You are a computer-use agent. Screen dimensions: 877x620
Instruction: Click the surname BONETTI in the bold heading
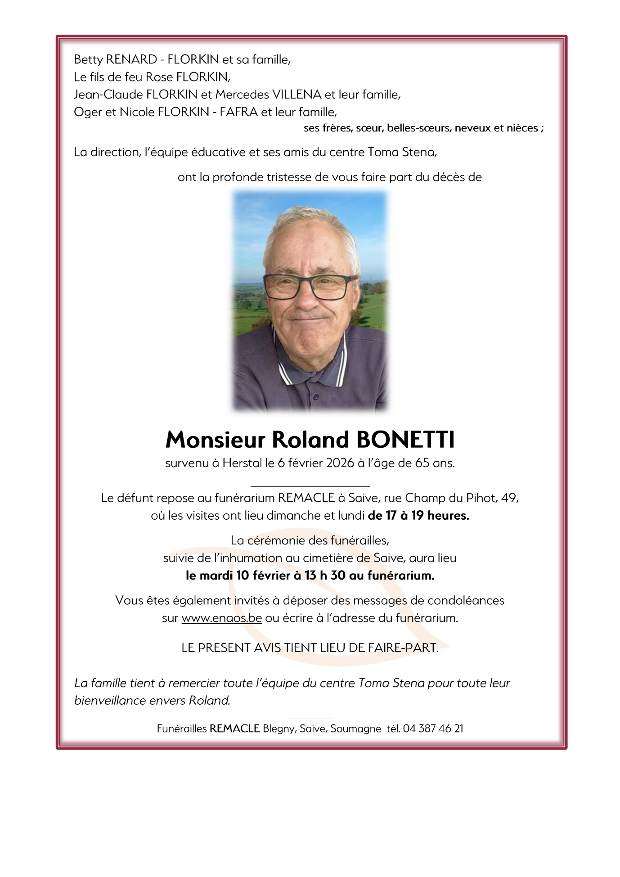pos(405,440)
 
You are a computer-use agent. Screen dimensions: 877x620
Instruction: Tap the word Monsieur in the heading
pos(215,440)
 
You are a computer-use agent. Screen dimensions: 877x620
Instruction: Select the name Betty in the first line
pos(88,59)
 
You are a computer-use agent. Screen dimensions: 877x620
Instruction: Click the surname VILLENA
pos(297,94)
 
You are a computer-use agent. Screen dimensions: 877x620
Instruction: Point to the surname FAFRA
pos(238,112)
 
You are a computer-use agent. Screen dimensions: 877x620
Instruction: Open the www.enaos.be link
pos(221,618)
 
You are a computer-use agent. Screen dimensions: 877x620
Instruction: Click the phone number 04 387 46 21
pos(433,729)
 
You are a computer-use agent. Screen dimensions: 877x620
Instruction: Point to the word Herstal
pos(242,463)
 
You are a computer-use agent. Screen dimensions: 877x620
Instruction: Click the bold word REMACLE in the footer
pos(234,729)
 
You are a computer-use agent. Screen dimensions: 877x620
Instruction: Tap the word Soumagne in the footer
pos(355,729)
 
